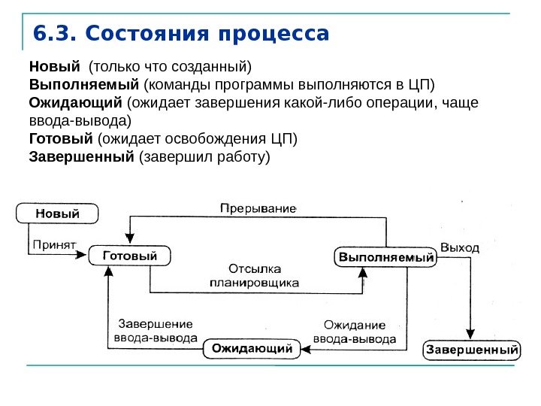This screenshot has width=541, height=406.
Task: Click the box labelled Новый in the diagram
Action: [58, 214]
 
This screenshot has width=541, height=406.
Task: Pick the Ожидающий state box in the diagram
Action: [251, 349]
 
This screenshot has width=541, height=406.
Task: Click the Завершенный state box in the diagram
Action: [472, 350]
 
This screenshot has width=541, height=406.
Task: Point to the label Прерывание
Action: [258, 206]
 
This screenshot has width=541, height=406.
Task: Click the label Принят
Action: [54, 245]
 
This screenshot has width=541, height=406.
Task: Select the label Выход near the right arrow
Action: [460, 246]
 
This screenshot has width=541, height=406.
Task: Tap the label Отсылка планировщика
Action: [254, 275]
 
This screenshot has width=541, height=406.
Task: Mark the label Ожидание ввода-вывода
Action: [354, 332]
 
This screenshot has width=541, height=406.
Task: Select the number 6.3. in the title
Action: [56, 35]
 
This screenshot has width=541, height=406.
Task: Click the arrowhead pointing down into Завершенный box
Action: [471, 336]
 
